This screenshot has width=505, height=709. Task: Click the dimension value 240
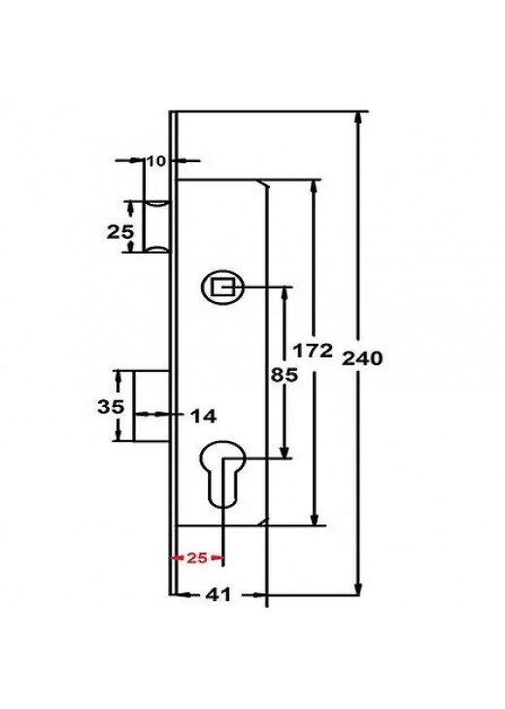(x=362, y=358)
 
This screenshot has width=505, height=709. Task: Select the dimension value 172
(x=313, y=350)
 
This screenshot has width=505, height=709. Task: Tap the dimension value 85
(x=284, y=375)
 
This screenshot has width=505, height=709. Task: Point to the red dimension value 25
(x=197, y=558)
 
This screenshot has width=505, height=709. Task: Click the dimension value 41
(x=219, y=594)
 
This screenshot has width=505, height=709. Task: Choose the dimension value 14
(x=203, y=417)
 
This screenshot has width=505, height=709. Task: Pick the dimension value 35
(x=111, y=407)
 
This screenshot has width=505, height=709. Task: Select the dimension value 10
(x=156, y=160)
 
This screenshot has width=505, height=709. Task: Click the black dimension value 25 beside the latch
(x=120, y=232)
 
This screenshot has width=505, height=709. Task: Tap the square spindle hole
(x=223, y=287)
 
